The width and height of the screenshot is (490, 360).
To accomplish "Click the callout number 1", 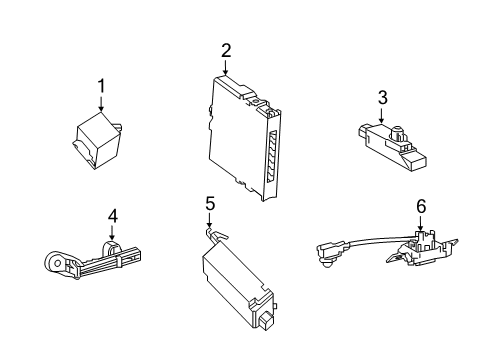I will tap(101, 87).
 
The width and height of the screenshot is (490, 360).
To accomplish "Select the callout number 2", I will tap(226, 50).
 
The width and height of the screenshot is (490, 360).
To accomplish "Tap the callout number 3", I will tap(381, 97).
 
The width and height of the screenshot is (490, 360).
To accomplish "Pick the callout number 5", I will tap(209, 204).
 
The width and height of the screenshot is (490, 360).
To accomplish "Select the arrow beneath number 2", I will tap(226, 67).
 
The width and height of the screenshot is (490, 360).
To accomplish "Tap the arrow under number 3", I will tap(381, 114).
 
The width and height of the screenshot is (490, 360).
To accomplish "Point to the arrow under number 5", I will tap(209, 222).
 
